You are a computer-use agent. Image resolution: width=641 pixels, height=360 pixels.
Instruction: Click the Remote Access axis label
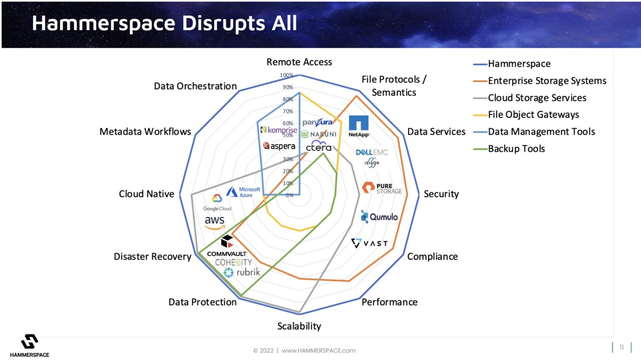point(299,62)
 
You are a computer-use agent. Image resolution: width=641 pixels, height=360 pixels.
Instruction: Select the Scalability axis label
point(299,326)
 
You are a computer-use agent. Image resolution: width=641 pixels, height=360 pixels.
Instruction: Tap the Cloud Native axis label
point(146,194)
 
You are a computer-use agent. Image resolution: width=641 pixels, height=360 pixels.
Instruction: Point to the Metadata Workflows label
point(145,132)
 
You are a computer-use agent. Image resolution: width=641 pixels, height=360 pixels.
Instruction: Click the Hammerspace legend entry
point(519,64)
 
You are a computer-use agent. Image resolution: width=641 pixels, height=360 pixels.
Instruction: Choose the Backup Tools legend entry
point(516,149)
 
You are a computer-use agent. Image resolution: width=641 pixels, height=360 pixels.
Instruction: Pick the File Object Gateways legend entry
point(533,114)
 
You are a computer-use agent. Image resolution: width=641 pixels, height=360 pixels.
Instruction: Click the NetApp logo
point(359,126)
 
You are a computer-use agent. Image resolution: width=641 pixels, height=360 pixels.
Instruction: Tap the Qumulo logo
point(379,217)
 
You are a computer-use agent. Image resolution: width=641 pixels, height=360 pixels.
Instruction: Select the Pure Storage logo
point(382,188)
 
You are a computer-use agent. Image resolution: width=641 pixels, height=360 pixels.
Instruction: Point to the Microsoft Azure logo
point(244,192)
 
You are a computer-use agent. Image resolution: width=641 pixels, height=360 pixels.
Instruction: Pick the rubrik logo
point(242,272)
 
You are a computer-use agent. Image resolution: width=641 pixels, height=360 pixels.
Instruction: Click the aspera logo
point(279,146)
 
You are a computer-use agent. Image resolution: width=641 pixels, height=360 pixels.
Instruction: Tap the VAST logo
point(369,243)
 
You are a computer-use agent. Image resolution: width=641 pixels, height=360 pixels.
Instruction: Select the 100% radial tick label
point(286,75)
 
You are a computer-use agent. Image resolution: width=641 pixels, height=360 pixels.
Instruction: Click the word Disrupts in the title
point(224,23)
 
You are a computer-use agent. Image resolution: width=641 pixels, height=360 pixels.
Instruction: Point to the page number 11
point(621,347)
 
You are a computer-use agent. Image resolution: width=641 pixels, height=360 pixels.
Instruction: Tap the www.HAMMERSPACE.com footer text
point(318,350)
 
